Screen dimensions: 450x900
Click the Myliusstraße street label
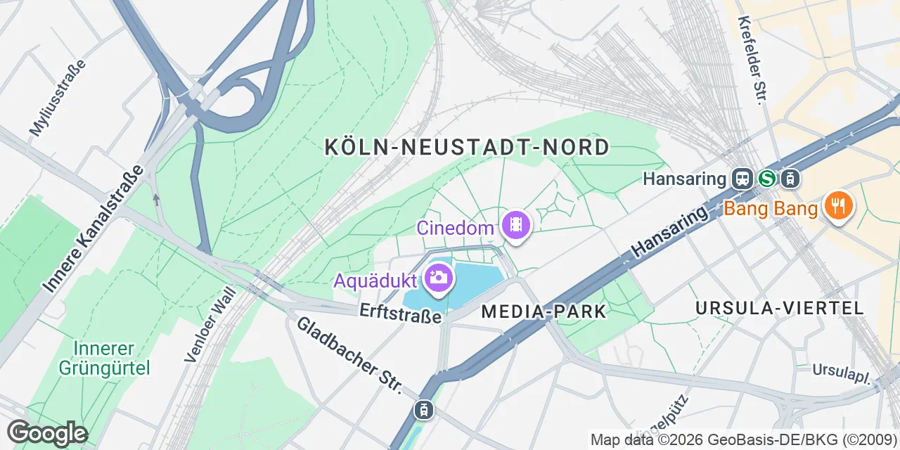click(58, 98)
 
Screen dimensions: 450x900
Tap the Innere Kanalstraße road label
click(93, 229)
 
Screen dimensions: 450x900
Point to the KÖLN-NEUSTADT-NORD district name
click(467, 147)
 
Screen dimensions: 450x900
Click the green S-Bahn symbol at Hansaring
click(766, 179)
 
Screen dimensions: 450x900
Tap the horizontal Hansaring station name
click(684, 179)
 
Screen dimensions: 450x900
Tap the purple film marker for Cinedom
click(517, 226)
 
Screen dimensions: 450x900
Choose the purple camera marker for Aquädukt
click(439, 278)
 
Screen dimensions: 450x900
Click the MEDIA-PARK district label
click(544, 311)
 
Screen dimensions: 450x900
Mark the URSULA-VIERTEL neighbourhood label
click(779, 308)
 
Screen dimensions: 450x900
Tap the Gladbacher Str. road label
click(349, 355)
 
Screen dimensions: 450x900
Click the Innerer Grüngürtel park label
click(104, 358)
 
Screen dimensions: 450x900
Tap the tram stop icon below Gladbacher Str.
click(424, 409)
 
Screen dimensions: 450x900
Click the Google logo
click(47, 433)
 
